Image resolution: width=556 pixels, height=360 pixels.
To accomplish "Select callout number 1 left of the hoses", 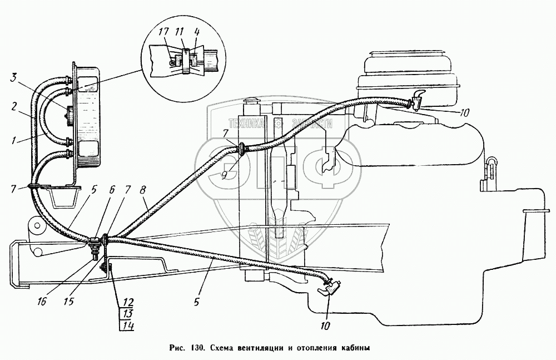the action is tap(13, 141).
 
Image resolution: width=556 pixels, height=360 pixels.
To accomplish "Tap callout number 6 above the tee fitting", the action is tap(112, 190).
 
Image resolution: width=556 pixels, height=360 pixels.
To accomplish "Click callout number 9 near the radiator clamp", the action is tap(225, 175).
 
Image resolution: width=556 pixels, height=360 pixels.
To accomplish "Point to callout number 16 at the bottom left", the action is tap(41, 302).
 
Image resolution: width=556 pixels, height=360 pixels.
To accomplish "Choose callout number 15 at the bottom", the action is tap(69, 302).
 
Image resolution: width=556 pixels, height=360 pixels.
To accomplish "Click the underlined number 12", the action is tap(128, 303).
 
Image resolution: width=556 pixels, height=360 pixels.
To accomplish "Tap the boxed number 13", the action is tap(128, 313).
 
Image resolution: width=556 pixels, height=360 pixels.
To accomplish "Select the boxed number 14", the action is tap(128, 325).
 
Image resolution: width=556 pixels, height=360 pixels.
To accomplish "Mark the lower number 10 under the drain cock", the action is tap(325, 326).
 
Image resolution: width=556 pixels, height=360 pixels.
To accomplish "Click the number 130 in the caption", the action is tap(197, 348).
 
